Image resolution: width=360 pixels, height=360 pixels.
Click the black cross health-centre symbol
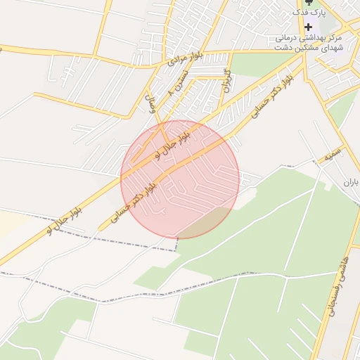tap(308, 27)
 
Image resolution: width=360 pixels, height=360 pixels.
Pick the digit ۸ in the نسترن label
tap(171, 93)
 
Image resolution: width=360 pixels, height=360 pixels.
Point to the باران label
tap(351, 181)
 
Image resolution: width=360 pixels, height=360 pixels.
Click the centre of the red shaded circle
tap(180, 179)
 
